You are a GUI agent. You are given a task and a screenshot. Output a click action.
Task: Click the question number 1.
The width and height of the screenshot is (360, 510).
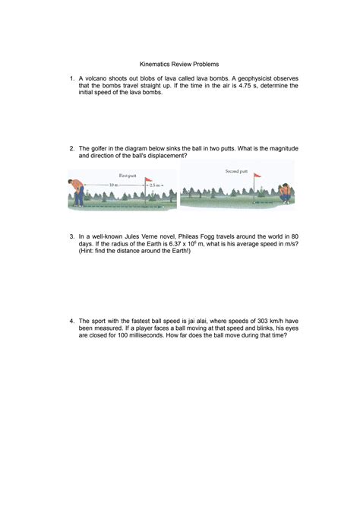[71, 78]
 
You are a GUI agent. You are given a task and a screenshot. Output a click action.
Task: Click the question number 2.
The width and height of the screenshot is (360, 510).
[71, 149]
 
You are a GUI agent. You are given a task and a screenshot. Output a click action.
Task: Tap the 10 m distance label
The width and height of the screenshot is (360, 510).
[113, 185]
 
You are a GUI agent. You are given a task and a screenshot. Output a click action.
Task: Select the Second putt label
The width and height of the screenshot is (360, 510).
[237, 171]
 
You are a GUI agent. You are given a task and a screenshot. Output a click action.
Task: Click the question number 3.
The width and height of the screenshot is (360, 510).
[71, 236]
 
